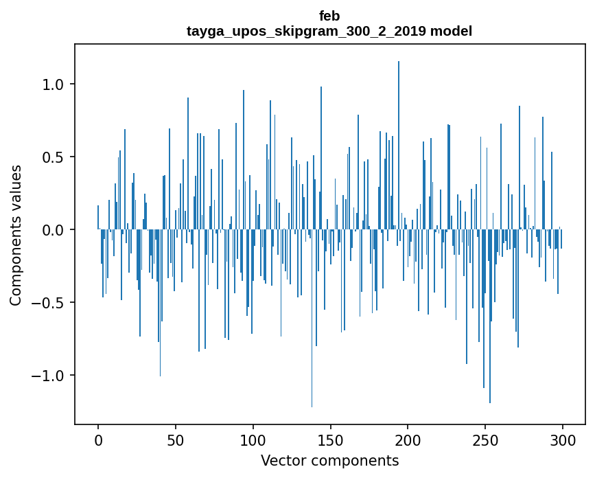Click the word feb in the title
[329, 16]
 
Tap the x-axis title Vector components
[329, 460]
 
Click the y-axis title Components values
[16, 235]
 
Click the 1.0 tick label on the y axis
[54, 84]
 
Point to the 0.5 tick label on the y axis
[54, 157]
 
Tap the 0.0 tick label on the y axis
[54, 230]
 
